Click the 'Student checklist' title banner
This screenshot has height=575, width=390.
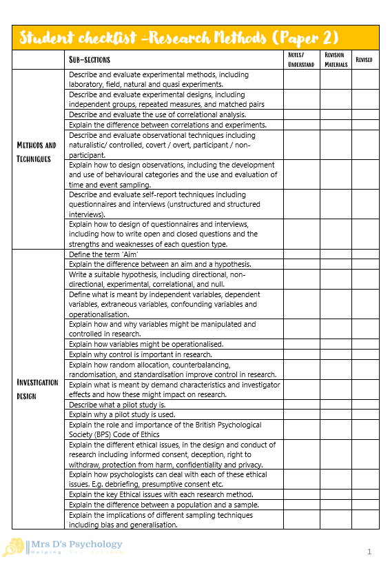(x=178, y=38)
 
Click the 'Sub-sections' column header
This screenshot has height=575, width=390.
(x=90, y=60)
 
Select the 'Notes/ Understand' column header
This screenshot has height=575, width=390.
(x=301, y=60)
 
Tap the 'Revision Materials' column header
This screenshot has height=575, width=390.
(x=335, y=60)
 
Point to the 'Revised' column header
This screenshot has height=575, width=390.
(x=364, y=60)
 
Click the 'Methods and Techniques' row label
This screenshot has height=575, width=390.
(x=37, y=152)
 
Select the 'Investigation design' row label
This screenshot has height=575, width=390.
(x=37, y=389)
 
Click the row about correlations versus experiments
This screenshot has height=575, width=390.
(x=167, y=125)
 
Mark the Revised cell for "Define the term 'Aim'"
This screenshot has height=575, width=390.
(x=365, y=254)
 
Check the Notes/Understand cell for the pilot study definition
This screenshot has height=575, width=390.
(x=301, y=405)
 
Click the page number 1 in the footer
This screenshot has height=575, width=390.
(x=369, y=552)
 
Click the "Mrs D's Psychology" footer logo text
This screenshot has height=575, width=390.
(x=76, y=545)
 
